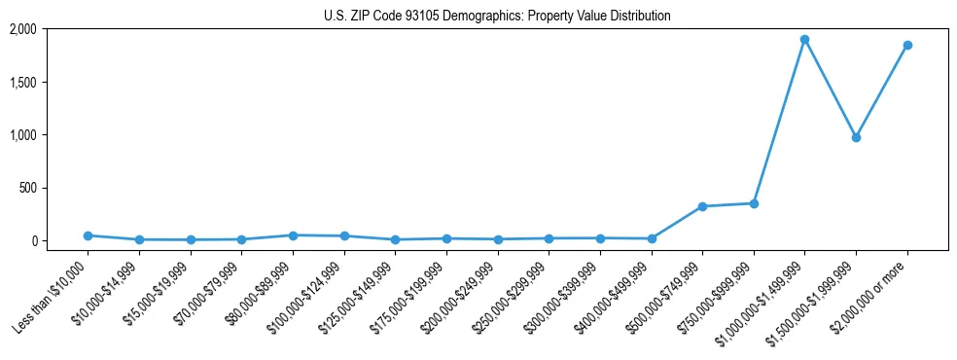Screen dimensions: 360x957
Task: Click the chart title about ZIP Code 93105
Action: click(497, 16)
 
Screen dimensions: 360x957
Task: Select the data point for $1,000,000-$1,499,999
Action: click(804, 40)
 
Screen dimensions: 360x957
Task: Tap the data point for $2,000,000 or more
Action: click(907, 45)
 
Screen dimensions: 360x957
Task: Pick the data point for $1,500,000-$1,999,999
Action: click(856, 137)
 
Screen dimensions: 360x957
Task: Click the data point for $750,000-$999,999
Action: click(754, 203)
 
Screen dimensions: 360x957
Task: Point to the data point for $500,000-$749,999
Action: click(702, 206)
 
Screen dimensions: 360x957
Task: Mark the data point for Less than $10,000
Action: click(88, 235)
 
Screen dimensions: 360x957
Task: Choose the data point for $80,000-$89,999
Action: click(293, 235)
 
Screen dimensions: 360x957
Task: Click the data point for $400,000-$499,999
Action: click(651, 238)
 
